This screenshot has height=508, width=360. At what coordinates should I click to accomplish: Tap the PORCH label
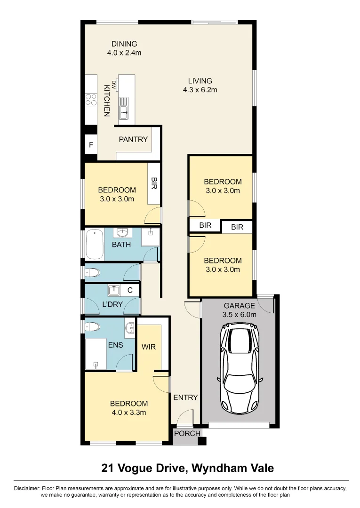point(187,434)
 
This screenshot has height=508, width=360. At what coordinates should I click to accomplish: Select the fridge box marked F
point(91,144)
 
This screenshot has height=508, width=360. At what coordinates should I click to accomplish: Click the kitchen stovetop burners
point(91,100)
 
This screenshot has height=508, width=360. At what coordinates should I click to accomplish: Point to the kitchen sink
point(123,109)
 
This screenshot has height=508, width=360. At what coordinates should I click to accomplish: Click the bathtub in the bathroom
point(95,245)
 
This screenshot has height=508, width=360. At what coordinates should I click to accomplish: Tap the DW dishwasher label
point(113,85)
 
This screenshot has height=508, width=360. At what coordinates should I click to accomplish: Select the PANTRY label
point(133,139)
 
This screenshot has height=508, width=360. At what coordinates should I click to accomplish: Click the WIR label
point(149,347)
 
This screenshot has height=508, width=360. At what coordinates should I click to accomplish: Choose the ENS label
point(116,345)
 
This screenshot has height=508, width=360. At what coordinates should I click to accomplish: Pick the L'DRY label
point(112,304)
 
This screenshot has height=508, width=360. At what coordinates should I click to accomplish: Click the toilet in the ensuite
point(92,326)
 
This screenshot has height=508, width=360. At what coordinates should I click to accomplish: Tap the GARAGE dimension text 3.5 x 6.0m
point(240,315)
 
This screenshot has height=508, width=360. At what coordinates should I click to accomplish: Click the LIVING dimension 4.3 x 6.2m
point(200,90)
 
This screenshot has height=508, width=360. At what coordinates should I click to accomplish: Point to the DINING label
point(124,44)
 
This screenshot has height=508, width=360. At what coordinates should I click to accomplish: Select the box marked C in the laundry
point(130,290)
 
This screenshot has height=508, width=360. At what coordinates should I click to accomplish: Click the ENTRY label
point(185,397)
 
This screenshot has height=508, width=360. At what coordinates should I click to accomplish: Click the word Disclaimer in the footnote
point(27,488)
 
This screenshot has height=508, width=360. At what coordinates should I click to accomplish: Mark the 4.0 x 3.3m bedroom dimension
point(129,413)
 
